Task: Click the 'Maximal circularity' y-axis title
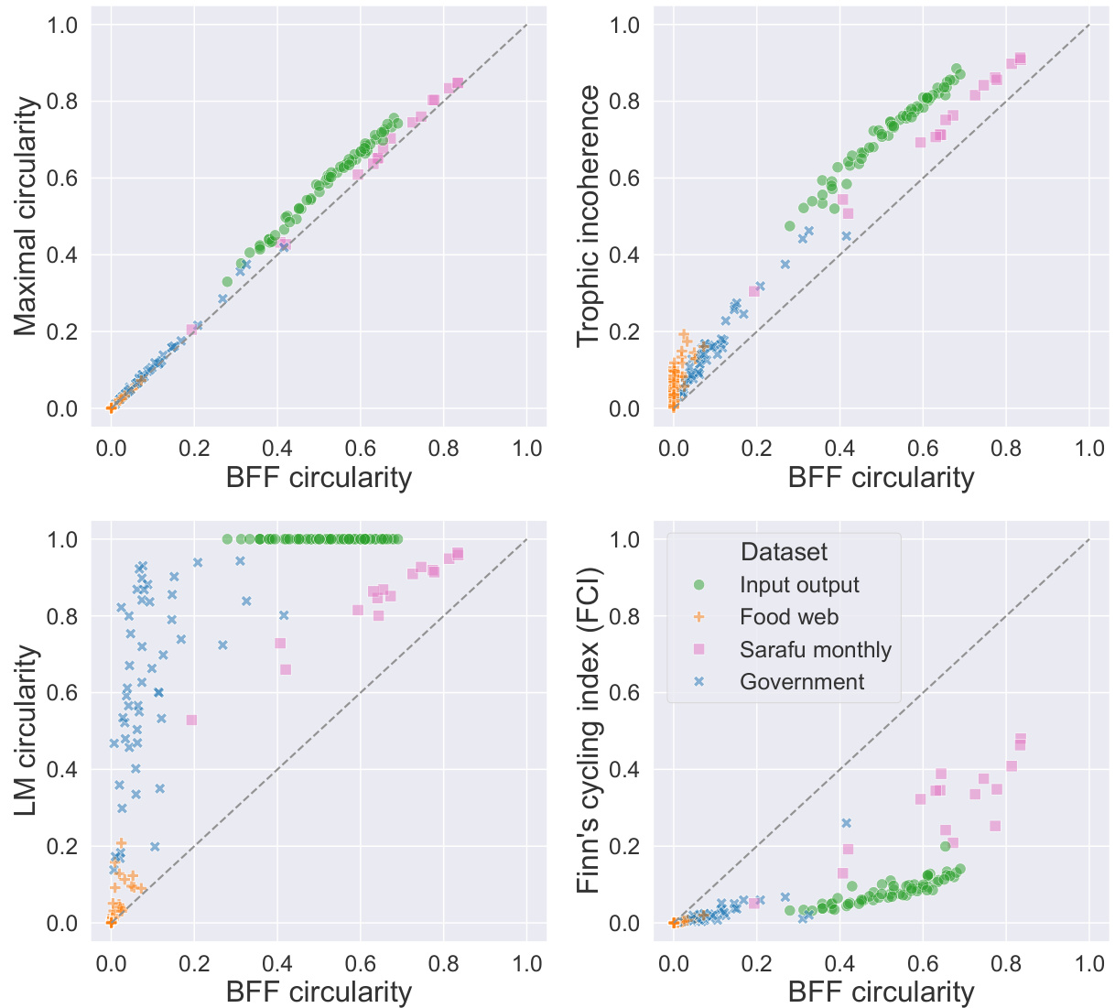tap(27, 216)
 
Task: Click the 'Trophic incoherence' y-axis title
tap(590, 216)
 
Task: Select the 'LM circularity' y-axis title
tap(27, 731)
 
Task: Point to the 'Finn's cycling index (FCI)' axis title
tap(590, 731)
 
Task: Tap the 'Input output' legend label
tap(799, 585)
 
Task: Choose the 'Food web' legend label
tap(789, 617)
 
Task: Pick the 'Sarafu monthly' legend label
tap(816, 650)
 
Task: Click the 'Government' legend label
tap(802, 682)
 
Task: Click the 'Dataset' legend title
tap(784, 552)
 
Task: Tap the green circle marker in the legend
tap(699, 585)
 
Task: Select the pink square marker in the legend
tap(699, 650)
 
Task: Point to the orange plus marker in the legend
tap(699, 617)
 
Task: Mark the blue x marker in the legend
tap(699, 682)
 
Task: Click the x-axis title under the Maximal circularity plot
tap(319, 477)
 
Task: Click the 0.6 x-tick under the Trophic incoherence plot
tap(923, 449)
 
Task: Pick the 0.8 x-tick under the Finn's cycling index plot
tap(1006, 963)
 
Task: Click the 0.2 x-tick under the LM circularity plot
tap(194, 963)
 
